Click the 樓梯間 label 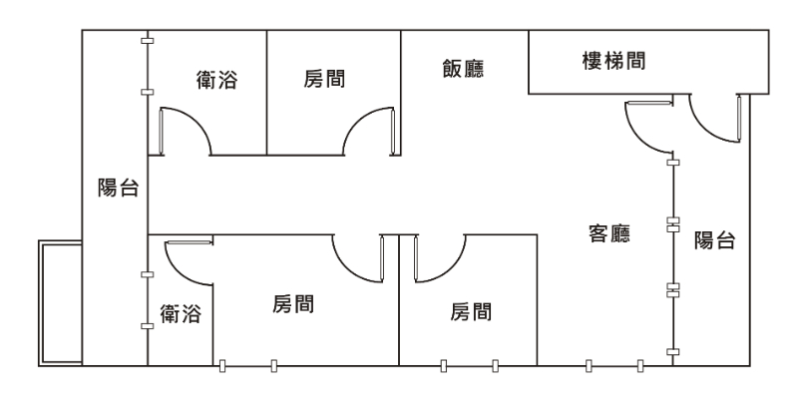(612, 62)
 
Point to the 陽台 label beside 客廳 (715, 239)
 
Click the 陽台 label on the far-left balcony (117, 188)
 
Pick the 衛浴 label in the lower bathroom (181, 315)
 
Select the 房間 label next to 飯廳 (325, 78)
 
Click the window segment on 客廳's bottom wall (613, 365)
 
